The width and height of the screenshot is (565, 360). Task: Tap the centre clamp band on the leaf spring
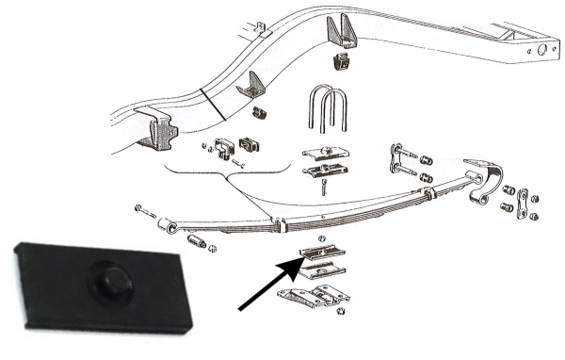coord(280,226)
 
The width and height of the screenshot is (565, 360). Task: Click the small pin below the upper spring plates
coord(323,188)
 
